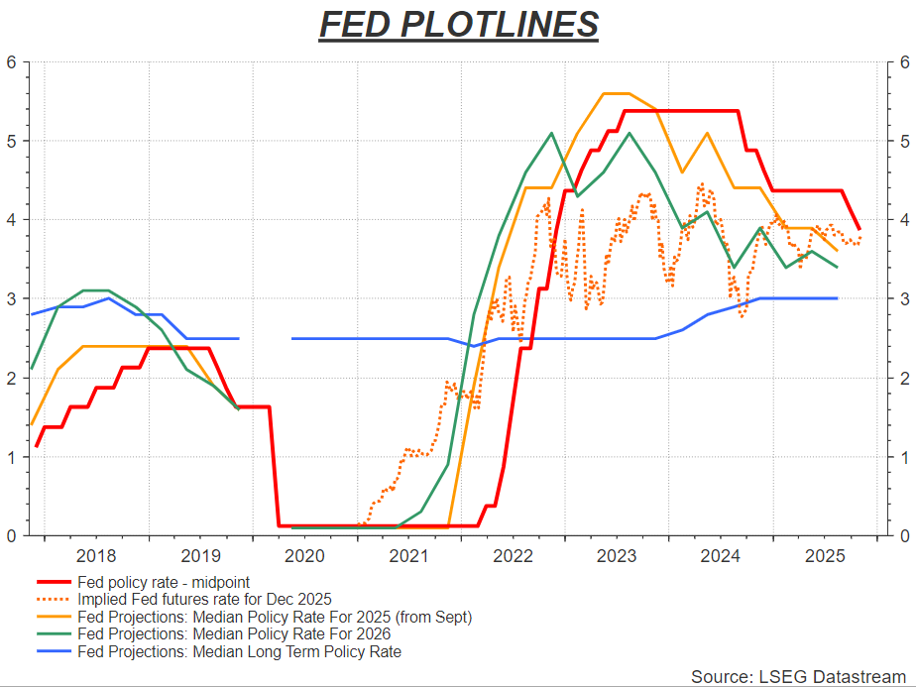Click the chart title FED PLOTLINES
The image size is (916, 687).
click(458, 25)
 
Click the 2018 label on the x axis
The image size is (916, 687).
click(96, 556)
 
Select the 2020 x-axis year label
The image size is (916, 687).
click(304, 556)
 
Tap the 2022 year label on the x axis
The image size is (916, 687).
click(513, 556)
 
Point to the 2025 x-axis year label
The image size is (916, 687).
click(825, 556)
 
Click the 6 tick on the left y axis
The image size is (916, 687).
click(12, 61)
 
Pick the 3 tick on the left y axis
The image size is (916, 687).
click(12, 298)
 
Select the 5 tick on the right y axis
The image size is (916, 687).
click(904, 141)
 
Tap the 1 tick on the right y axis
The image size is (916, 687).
click(904, 457)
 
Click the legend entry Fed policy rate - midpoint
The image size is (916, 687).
click(164, 583)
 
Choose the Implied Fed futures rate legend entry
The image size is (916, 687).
click(204, 600)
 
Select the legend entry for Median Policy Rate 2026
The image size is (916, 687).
click(234, 633)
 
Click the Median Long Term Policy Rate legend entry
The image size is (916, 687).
click(239, 651)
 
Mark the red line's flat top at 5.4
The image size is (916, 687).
click(684, 111)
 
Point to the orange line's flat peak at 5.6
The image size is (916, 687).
click(617, 93)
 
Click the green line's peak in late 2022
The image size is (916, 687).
click(551, 133)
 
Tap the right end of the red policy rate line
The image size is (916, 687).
click(859, 228)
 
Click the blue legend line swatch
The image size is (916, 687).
click(55, 651)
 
